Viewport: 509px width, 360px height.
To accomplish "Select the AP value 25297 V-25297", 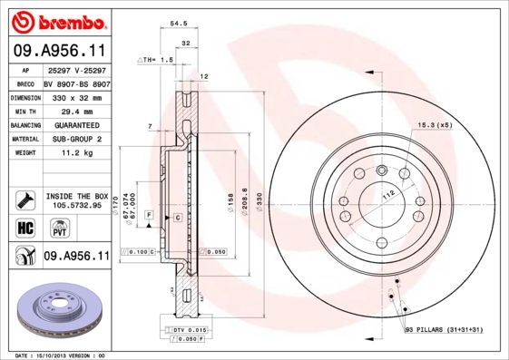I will click(77, 70).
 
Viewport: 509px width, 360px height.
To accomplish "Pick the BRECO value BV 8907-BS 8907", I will click(77, 83).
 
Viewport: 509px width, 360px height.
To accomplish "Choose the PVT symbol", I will click(49, 230).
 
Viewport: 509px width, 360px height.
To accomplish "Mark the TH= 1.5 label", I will click(156, 59).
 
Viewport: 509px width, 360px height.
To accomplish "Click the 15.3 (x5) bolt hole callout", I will click(434, 124).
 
